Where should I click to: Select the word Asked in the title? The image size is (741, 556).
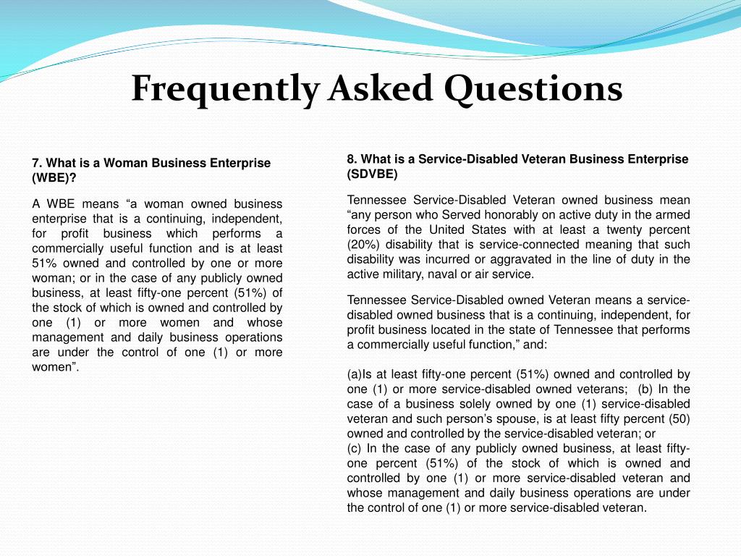[x=380, y=89]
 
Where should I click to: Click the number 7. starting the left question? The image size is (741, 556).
[x=37, y=163]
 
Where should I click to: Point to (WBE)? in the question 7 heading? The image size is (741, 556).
[x=54, y=177]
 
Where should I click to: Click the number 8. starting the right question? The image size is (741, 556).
[x=352, y=159]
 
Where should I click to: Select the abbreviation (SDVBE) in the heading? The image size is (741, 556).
[x=372, y=174]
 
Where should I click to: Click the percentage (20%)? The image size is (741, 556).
[x=365, y=245]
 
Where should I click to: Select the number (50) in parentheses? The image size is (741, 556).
[x=679, y=418]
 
